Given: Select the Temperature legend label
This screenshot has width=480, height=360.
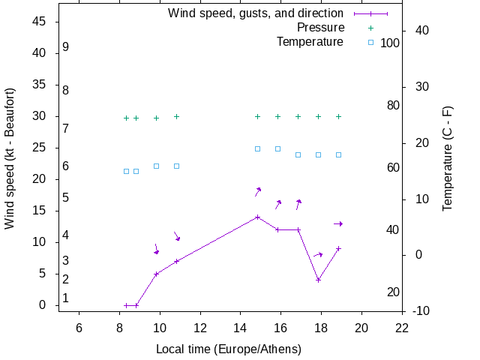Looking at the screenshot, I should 310,41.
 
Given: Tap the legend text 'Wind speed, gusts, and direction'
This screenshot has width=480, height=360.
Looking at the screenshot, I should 256,13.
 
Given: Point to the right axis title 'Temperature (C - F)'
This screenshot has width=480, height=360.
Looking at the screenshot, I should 448,158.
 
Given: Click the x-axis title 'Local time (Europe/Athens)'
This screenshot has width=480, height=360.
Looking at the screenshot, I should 229,349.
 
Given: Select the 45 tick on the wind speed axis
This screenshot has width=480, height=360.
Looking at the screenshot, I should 40,22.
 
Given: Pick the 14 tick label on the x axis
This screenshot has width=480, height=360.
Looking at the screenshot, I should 241,328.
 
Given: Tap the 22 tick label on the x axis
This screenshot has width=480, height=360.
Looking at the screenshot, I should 402,328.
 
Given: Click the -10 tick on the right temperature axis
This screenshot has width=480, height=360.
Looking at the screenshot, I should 421,310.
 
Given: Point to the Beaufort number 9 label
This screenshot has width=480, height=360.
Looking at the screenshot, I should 66,47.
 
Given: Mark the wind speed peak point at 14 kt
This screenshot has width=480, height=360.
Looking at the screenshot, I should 257,217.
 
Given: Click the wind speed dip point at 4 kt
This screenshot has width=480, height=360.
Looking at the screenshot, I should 319,280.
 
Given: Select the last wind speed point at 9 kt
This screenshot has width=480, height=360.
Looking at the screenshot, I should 339,248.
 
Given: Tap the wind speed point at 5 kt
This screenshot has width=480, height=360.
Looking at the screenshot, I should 156,274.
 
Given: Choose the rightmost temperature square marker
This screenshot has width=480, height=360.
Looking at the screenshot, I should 339,154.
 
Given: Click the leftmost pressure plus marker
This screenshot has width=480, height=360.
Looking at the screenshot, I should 126,118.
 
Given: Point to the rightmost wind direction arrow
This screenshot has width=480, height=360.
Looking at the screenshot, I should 338,223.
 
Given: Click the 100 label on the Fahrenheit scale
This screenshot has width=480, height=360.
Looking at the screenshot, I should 390,43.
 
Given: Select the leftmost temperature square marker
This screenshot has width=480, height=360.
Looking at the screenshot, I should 126,171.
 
